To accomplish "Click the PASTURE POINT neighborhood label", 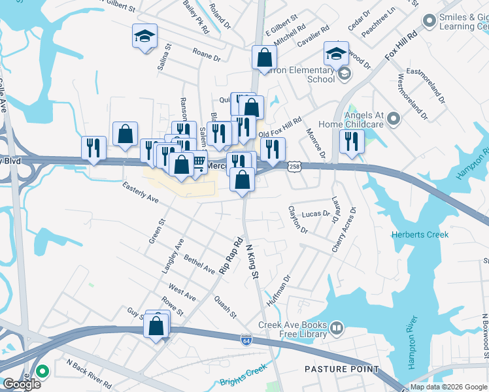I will pos(342,369).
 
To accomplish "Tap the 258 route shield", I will pos(295,167).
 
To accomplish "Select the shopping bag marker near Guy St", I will pos(157,326).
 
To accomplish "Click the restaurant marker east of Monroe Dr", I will pos(352,142).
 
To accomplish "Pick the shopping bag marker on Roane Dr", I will pos(264,57).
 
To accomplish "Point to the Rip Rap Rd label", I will pos(231,255).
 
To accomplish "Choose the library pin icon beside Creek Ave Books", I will pos(337,327).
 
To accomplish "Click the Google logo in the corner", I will pos(22,384).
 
